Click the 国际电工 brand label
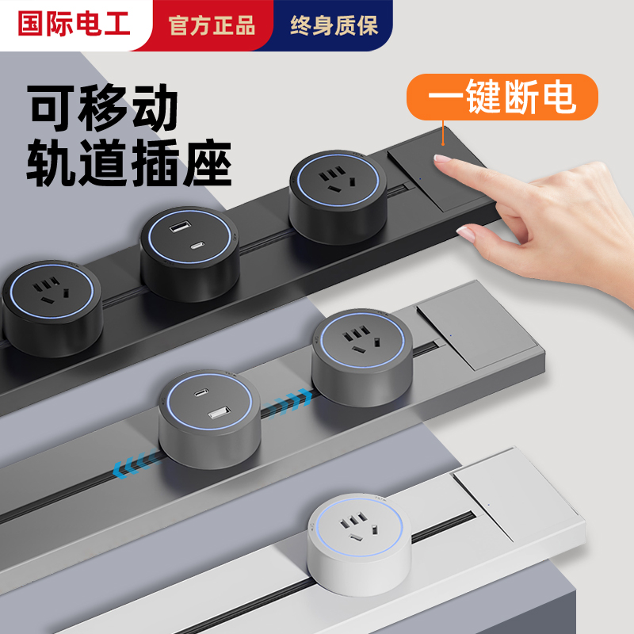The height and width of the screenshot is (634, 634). [x=73, y=25]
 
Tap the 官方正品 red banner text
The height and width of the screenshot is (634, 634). [x=212, y=25]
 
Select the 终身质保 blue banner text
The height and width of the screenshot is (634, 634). [x=334, y=25]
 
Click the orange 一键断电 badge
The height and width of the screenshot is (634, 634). [x=502, y=97]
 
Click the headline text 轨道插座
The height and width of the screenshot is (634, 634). [x=130, y=164]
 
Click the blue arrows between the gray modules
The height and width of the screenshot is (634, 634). [x=288, y=404]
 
